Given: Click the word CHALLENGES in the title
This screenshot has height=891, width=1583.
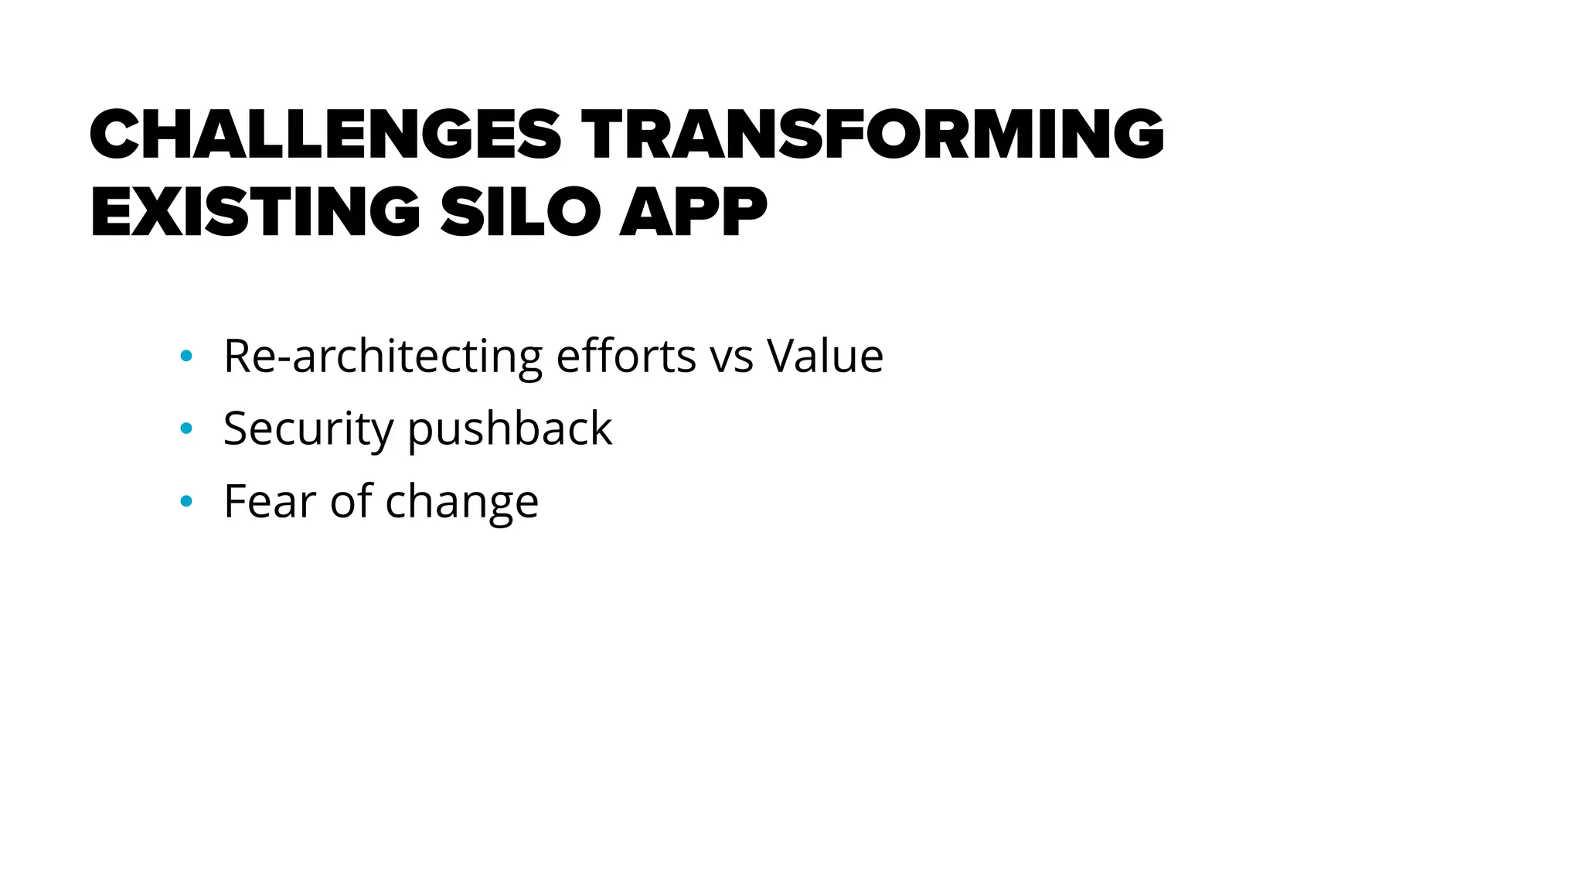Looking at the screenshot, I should [325, 135].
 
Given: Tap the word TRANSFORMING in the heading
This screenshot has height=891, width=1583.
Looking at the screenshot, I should [873, 135].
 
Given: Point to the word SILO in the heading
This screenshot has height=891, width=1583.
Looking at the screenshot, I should [520, 212].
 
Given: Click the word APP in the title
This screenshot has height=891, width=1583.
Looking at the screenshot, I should [693, 212].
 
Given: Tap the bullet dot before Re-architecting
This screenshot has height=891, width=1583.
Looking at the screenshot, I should [186, 356].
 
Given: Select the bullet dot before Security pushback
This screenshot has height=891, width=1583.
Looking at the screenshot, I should [186, 428].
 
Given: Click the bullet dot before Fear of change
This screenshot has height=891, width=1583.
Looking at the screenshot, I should [186, 501].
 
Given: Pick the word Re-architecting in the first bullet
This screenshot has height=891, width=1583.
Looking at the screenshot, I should [383, 357].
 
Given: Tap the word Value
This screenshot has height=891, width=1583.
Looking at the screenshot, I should [825, 357].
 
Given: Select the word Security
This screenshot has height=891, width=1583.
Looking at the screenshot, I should [308, 429].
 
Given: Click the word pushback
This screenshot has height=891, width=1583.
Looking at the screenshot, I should [509, 429].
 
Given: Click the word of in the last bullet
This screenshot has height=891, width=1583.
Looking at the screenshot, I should [352, 501].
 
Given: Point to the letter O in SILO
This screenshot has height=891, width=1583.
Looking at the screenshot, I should [572, 212].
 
